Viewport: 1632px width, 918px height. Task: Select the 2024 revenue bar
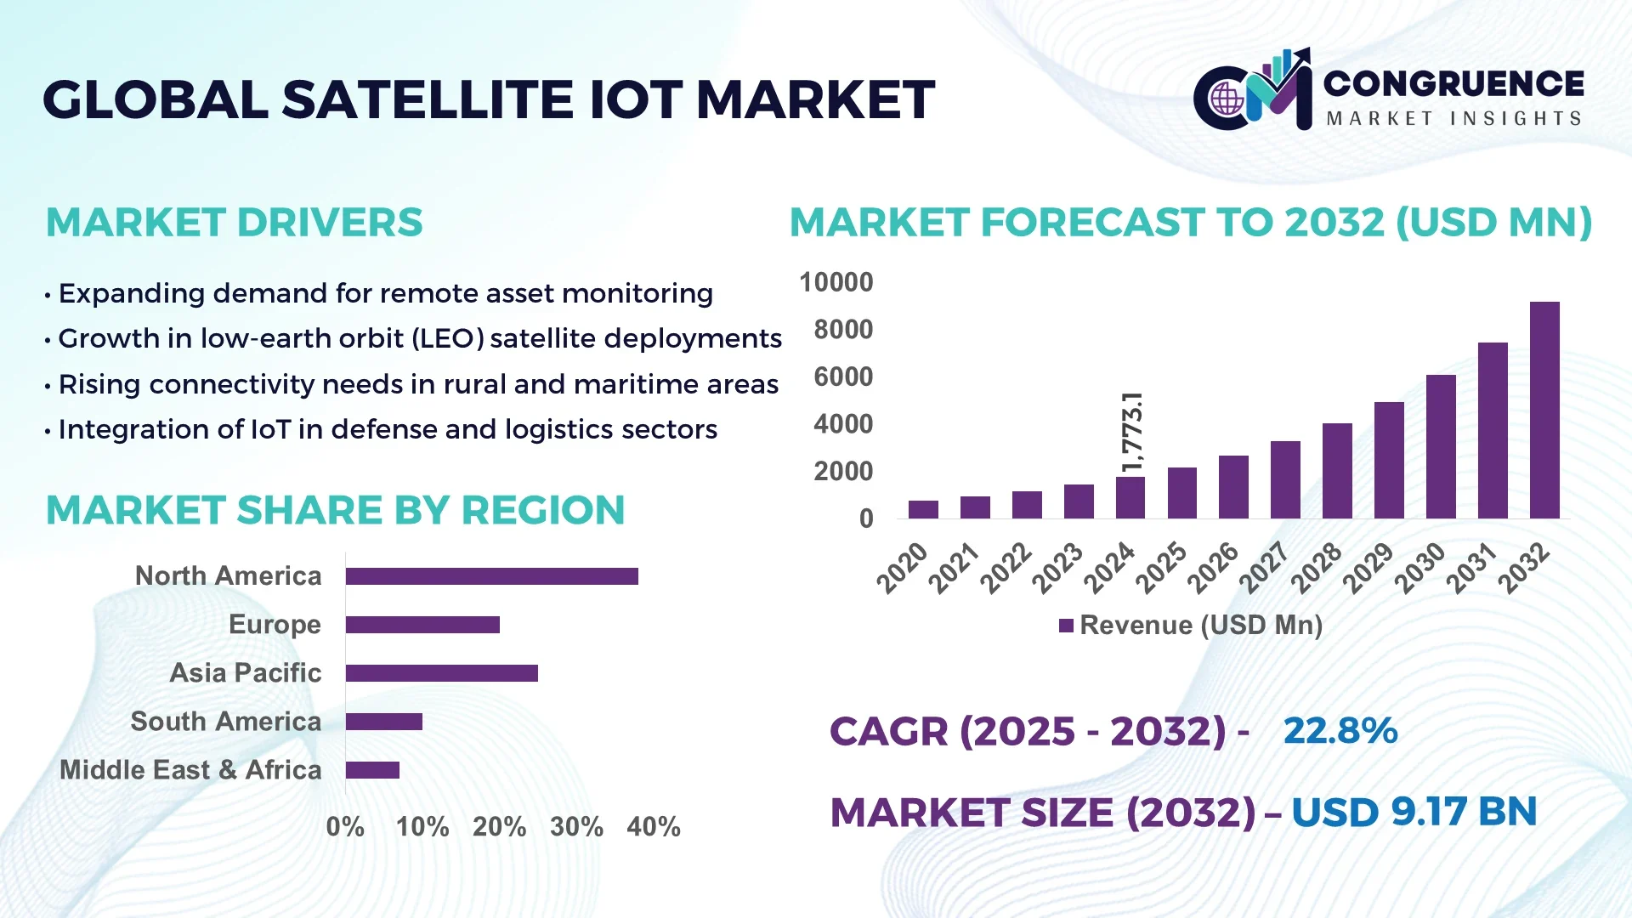(x=1130, y=498)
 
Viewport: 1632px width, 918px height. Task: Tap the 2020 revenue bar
(x=923, y=509)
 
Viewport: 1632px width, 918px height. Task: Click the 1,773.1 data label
(x=1132, y=432)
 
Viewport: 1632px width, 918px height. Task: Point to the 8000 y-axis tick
(x=842, y=330)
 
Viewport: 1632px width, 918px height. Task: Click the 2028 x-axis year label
(x=1317, y=568)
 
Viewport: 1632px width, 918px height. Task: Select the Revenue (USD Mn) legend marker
(x=1066, y=626)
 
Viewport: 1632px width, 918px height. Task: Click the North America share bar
(x=491, y=576)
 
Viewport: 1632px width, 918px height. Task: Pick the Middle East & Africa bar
(x=372, y=770)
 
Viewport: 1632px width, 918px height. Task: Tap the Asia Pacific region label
(x=245, y=673)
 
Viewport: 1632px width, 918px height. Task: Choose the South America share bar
(x=383, y=722)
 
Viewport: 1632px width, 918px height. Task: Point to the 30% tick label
(x=576, y=827)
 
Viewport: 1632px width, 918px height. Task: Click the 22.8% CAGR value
(x=1340, y=731)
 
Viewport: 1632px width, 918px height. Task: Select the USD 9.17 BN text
(x=1414, y=812)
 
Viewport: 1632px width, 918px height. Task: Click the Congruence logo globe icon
(x=1227, y=99)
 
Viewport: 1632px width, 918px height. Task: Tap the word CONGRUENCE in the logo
(x=1453, y=83)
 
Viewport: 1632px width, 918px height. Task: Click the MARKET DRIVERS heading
(x=234, y=223)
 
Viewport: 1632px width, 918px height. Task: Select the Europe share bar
(x=422, y=625)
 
